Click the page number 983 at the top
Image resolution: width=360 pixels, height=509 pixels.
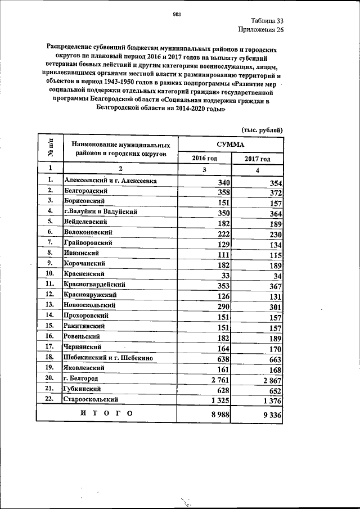tap(175, 15)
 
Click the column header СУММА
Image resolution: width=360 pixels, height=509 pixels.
tap(230, 144)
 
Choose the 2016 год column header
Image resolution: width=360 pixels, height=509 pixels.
tap(205, 159)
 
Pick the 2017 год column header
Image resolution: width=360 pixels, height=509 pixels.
tap(257, 159)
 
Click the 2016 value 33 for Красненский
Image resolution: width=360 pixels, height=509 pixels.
tap(226, 276)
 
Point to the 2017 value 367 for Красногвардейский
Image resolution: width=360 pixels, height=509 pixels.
tap(276, 286)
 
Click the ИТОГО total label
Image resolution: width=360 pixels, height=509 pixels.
tap(106, 414)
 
